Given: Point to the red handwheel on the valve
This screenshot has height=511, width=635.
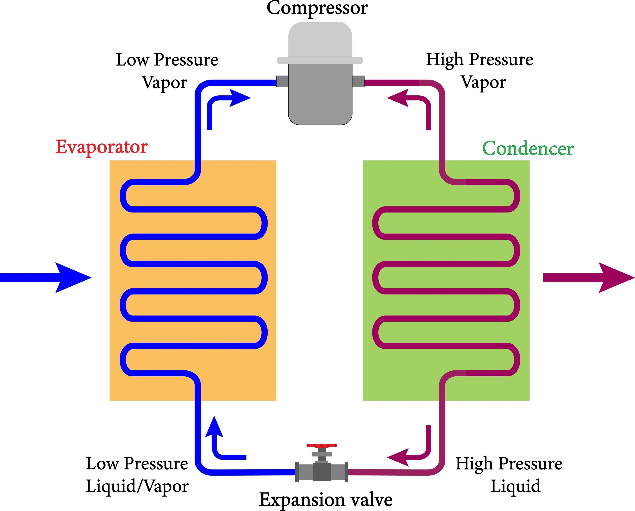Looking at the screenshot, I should [x=322, y=445].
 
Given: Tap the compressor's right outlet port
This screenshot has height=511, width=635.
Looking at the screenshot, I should [x=358, y=81].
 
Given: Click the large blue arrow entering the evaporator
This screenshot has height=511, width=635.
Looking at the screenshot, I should [x=47, y=278].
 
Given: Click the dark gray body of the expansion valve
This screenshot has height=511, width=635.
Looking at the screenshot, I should [x=322, y=472].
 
